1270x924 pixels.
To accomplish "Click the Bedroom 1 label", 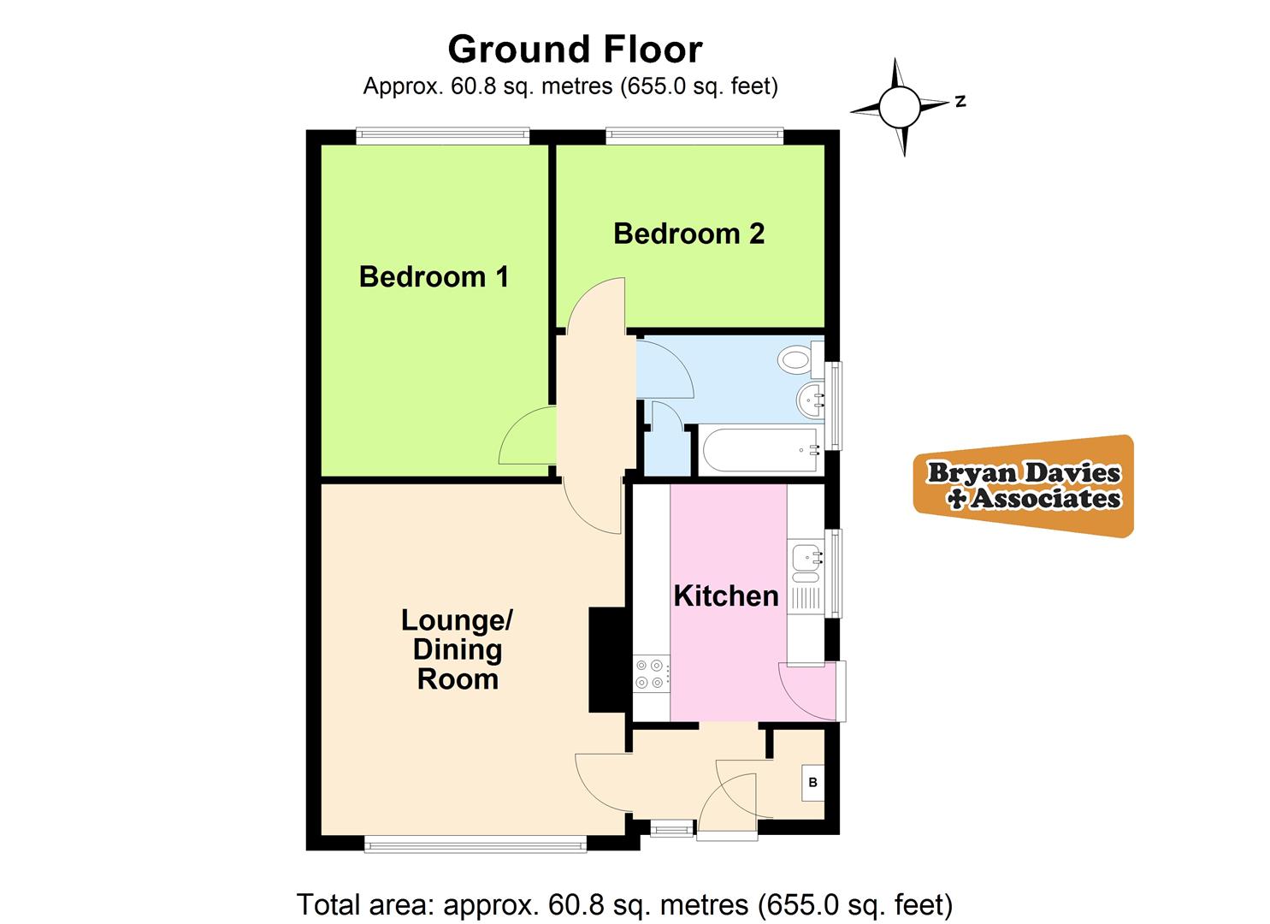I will [x=434, y=276].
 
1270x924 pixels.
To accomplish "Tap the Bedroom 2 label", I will [x=688, y=234].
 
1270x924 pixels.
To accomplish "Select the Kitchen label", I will [x=726, y=595].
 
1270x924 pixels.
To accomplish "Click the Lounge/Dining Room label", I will [x=457, y=649].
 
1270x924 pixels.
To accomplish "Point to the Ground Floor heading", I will [x=575, y=49].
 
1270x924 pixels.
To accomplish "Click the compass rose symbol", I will [x=900, y=107].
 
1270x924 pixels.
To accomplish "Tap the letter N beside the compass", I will [x=960, y=101].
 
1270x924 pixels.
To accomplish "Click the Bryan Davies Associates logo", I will [x=1025, y=486].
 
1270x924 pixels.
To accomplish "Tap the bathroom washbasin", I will [x=811, y=399].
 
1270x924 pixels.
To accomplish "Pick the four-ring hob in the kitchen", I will [x=651, y=673].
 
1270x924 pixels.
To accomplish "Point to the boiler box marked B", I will [x=812, y=782].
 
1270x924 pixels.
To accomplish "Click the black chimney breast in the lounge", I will [x=607, y=660].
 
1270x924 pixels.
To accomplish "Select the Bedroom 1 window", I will [x=443, y=134].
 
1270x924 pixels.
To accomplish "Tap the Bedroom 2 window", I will [x=694, y=134].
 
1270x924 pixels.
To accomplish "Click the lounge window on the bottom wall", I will [x=476, y=845].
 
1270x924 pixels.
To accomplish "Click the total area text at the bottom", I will [x=624, y=903].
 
